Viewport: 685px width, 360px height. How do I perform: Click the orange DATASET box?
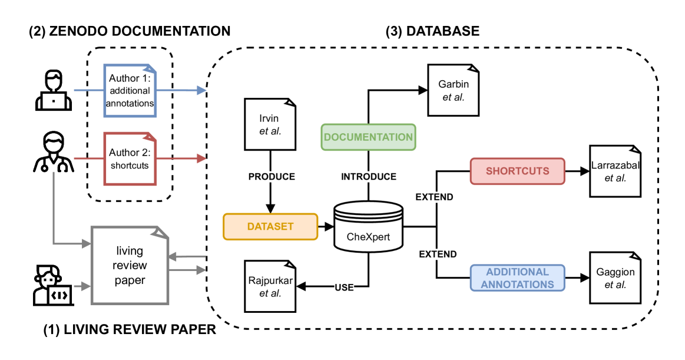[x=270, y=226]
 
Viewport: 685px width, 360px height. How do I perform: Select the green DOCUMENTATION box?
[x=368, y=137]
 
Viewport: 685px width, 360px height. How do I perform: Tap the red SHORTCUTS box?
[x=517, y=171]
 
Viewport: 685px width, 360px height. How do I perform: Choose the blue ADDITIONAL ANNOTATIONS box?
[x=518, y=278]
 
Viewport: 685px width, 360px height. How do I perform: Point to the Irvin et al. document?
[x=269, y=124]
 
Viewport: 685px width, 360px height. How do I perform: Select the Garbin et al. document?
[x=453, y=90]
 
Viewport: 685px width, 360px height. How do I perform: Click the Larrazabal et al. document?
[x=615, y=171]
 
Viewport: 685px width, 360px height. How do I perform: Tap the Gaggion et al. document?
[x=615, y=278]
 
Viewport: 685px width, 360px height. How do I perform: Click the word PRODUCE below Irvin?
[x=271, y=177]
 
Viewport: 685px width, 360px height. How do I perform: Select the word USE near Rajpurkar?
[x=344, y=288]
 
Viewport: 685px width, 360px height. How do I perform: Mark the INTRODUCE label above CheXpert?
[x=369, y=177]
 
